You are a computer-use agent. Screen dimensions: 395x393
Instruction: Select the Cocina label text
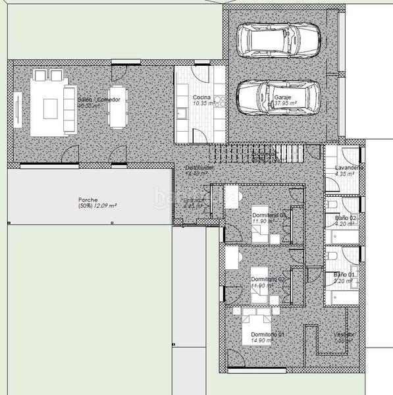click(x=201, y=97)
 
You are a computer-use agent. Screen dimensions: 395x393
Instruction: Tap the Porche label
click(x=88, y=199)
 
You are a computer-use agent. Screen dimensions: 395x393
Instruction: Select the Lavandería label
click(x=349, y=167)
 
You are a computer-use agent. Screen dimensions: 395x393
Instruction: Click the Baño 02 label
click(x=345, y=218)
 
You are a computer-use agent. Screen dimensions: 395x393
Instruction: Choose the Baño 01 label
click(x=344, y=275)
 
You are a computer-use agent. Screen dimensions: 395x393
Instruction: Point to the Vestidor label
click(x=344, y=334)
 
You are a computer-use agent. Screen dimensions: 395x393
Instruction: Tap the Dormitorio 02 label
click(x=268, y=279)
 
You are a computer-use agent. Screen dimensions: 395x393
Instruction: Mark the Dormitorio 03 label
click(x=269, y=215)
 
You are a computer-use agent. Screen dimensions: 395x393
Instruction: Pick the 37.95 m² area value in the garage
click(x=286, y=103)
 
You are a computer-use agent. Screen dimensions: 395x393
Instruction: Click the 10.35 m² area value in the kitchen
click(x=201, y=103)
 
